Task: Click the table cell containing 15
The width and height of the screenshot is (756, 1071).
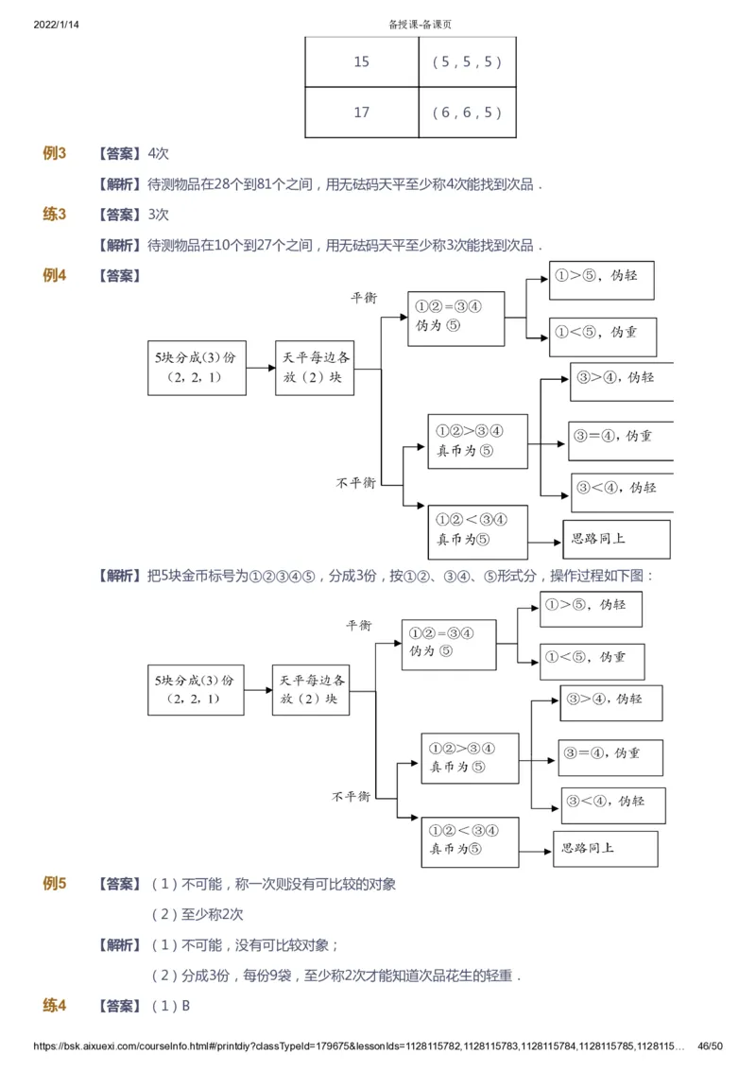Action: [362, 62]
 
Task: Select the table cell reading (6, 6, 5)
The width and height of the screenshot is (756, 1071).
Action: [466, 112]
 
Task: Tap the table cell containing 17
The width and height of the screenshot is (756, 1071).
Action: [362, 112]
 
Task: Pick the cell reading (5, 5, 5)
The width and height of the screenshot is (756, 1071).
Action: [466, 62]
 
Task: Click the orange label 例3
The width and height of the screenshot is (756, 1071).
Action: [54, 153]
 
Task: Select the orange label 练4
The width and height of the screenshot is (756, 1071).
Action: [54, 1006]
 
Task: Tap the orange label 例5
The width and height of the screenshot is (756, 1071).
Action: [54, 885]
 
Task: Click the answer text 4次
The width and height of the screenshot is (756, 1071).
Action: [159, 154]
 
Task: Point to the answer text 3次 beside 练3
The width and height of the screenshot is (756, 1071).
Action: [159, 215]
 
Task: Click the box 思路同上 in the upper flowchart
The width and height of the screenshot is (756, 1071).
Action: [616, 540]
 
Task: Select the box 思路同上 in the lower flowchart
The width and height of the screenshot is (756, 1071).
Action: [605, 848]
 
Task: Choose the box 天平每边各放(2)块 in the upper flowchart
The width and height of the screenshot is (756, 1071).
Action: [315, 368]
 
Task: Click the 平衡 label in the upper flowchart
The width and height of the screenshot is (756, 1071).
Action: [364, 298]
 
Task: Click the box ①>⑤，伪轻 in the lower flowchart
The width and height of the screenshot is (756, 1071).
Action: [591, 609]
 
